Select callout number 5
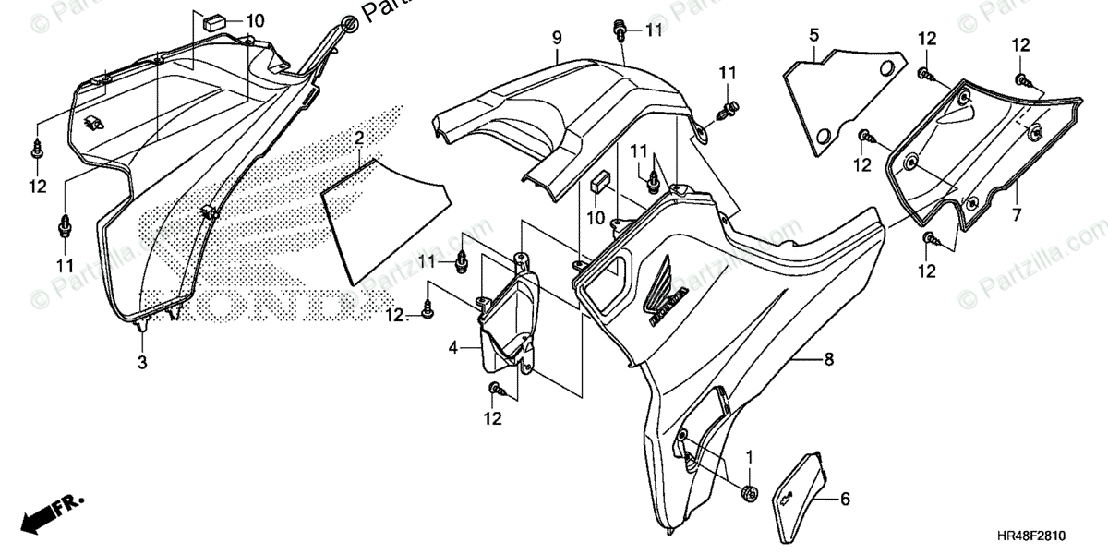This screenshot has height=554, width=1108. coord(813,35)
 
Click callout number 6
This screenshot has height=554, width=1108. coord(844,500)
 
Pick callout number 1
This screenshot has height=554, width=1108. coord(749,456)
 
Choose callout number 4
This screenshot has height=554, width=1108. coord(453,347)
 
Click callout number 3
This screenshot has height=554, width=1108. coord(142,362)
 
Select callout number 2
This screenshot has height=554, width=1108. coord(359,139)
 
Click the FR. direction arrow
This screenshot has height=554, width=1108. coord(52,512)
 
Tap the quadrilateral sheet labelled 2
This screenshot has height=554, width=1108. coord(383,217)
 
